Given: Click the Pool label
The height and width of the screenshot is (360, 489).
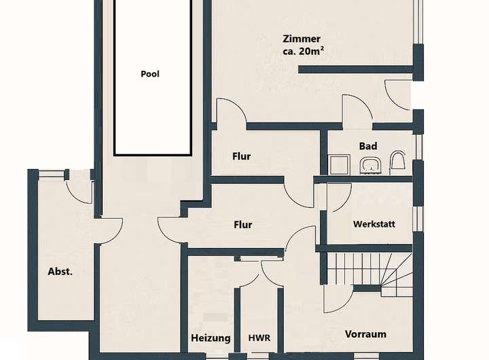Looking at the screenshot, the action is click(x=150, y=74).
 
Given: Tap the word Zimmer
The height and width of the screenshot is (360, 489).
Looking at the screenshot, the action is click(x=302, y=39).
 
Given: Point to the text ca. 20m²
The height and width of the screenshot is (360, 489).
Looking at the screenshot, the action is click(x=303, y=51).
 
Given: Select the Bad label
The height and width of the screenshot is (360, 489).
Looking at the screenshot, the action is click(x=368, y=146).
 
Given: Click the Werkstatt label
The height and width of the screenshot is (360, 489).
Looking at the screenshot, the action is click(x=374, y=224).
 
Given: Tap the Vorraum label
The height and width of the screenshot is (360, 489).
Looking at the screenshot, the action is click(x=365, y=334).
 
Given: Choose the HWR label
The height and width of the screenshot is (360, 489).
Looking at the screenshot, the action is click(x=259, y=338).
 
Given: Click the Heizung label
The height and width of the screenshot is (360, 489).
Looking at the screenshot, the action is click(x=211, y=338).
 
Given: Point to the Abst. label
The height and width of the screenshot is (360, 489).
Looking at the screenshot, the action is click(x=60, y=272).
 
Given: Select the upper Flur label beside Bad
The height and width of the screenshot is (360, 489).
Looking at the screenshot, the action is click(x=241, y=156).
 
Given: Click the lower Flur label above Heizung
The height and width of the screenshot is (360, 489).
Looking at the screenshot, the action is click(x=243, y=225).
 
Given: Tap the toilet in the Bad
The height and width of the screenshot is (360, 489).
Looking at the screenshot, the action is click(x=397, y=163).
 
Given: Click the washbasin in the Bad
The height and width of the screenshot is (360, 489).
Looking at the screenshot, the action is click(x=371, y=165).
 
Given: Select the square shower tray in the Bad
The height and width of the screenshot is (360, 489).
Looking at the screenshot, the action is click(x=340, y=165).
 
